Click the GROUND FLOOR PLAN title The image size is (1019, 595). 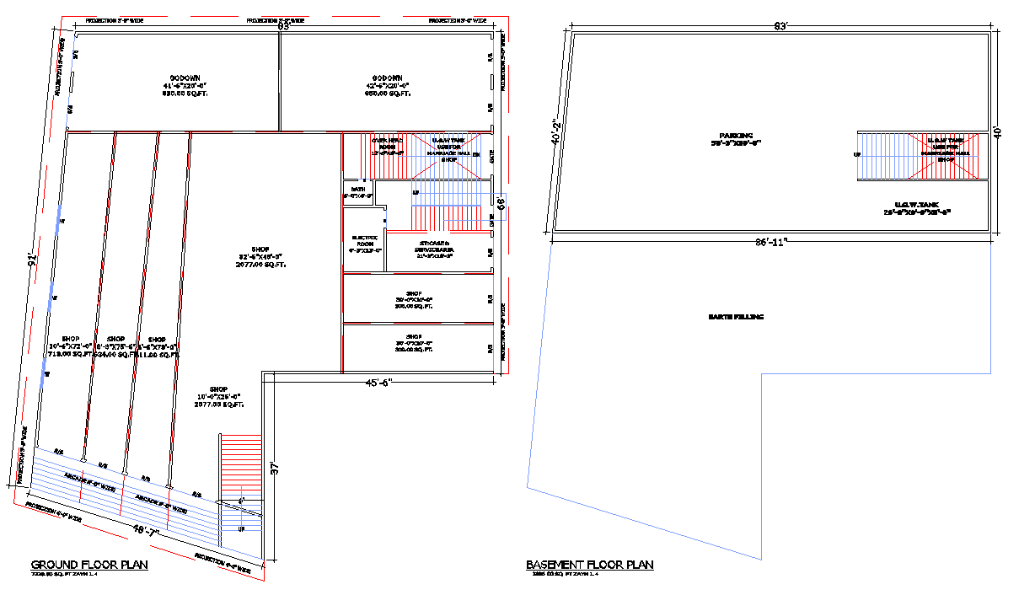point(89,565)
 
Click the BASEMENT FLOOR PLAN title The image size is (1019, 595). point(589,565)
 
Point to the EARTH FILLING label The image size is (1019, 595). point(736,317)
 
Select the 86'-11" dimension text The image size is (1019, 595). point(770,243)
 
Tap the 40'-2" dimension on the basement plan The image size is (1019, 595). point(556,132)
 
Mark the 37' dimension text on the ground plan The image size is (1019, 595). point(275,469)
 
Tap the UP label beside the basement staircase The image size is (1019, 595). point(857,155)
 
